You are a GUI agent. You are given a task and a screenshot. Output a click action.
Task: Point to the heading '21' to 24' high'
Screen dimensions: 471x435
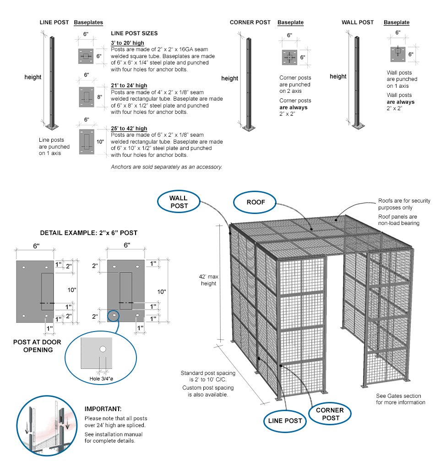129,86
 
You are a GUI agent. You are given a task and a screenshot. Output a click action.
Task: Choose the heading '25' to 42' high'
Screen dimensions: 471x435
129,128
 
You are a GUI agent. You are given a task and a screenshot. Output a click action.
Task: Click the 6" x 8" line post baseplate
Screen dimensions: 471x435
86,96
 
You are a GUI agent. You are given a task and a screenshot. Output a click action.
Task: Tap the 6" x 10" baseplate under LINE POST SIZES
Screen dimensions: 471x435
86,141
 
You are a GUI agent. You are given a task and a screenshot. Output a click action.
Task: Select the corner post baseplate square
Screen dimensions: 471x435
289,58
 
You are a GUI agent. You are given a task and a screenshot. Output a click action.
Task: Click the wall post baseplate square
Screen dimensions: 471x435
397,54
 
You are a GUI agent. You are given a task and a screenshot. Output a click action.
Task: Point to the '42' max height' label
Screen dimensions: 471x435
208,280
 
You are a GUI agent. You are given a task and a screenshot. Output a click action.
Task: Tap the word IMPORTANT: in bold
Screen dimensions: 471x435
103,409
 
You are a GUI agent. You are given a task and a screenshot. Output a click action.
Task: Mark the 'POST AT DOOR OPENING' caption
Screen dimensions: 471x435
38,346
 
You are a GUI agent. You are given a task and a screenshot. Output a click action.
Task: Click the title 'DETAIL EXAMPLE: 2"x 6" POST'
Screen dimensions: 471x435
88,233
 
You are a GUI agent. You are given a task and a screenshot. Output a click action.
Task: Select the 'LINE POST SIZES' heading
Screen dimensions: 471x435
134,33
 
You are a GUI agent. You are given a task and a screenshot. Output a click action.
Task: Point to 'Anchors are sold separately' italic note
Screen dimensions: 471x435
166,167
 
